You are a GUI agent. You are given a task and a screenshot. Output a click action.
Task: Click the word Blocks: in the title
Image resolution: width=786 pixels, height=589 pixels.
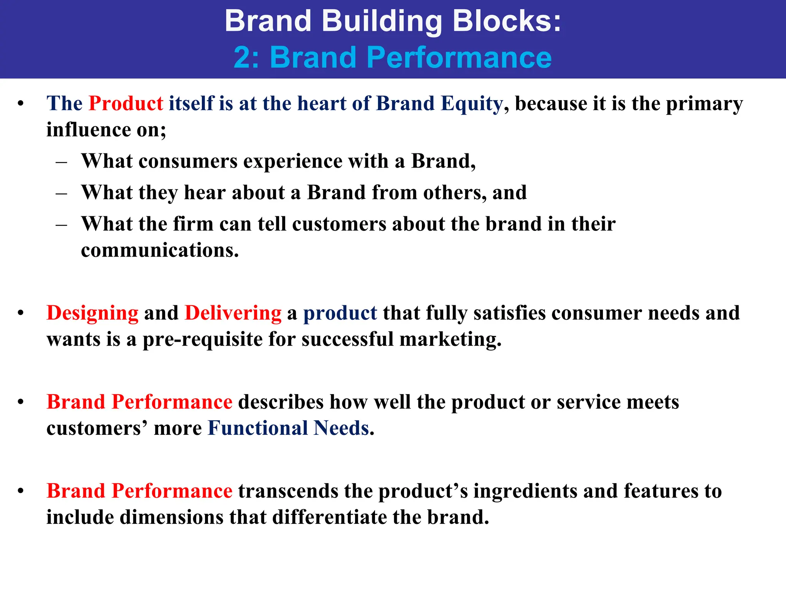(507, 21)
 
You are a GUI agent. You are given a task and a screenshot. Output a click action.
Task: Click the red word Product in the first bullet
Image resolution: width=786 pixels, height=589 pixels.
(126, 104)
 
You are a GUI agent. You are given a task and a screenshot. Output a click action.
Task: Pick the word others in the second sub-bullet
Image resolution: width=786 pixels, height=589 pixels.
(455, 192)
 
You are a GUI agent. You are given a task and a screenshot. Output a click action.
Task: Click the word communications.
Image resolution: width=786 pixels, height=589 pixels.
(160, 250)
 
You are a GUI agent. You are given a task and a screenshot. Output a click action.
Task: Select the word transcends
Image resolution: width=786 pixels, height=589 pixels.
(288, 491)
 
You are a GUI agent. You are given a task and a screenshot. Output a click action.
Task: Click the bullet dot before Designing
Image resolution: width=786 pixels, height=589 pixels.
(21, 313)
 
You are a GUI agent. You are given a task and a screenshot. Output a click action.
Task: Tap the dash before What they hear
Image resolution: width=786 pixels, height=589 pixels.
(61, 193)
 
